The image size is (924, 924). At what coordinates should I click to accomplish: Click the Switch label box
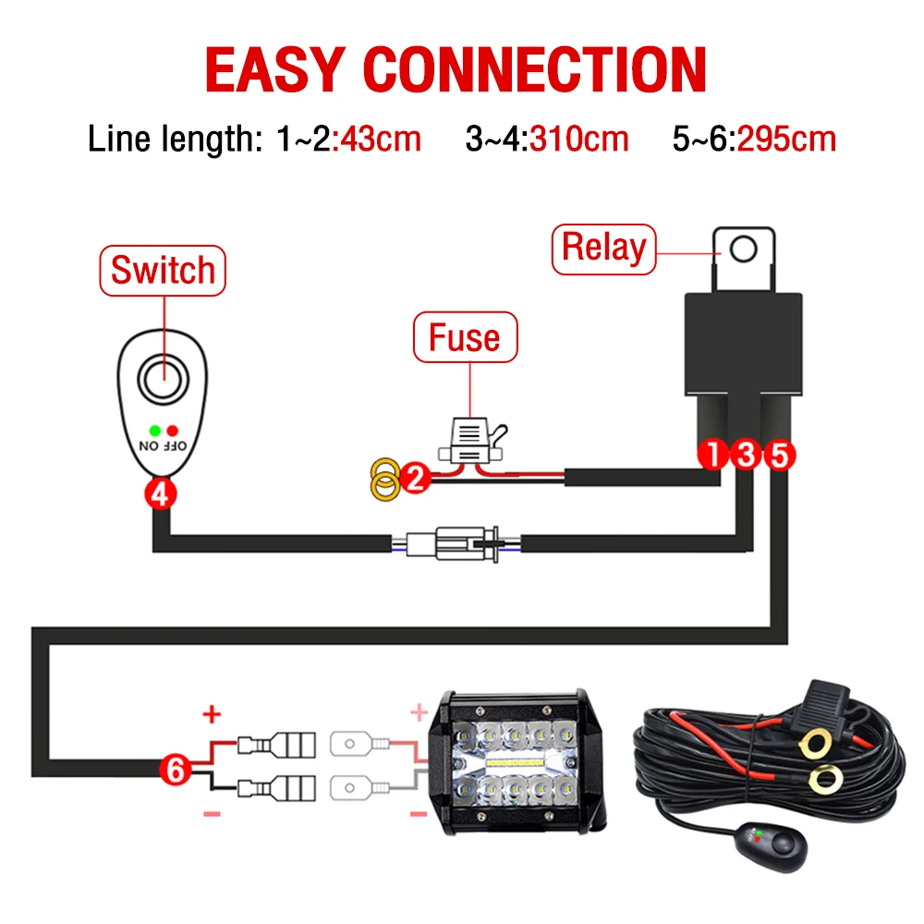pyautogui.click(x=163, y=271)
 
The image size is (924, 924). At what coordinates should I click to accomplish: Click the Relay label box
pyautogui.click(x=603, y=249)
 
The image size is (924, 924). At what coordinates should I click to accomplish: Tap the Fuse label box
pyautogui.click(x=464, y=338)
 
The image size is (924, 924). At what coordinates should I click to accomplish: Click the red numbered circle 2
pyautogui.click(x=416, y=479)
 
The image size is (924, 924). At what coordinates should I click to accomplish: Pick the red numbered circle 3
pyautogui.click(x=745, y=455)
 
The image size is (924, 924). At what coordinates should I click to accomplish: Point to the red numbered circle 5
pyautogui.click(x=779, y=455)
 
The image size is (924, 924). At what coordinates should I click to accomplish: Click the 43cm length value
pyautogui.click(x=381, y=139)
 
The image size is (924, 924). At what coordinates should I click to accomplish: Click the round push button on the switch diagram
pyautogui.click(x=162, y=376)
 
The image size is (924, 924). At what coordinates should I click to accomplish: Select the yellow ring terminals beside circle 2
pyautogui.click(x=384, y=479)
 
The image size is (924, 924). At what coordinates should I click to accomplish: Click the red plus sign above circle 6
pyautogui.click(x=213, y=714)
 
